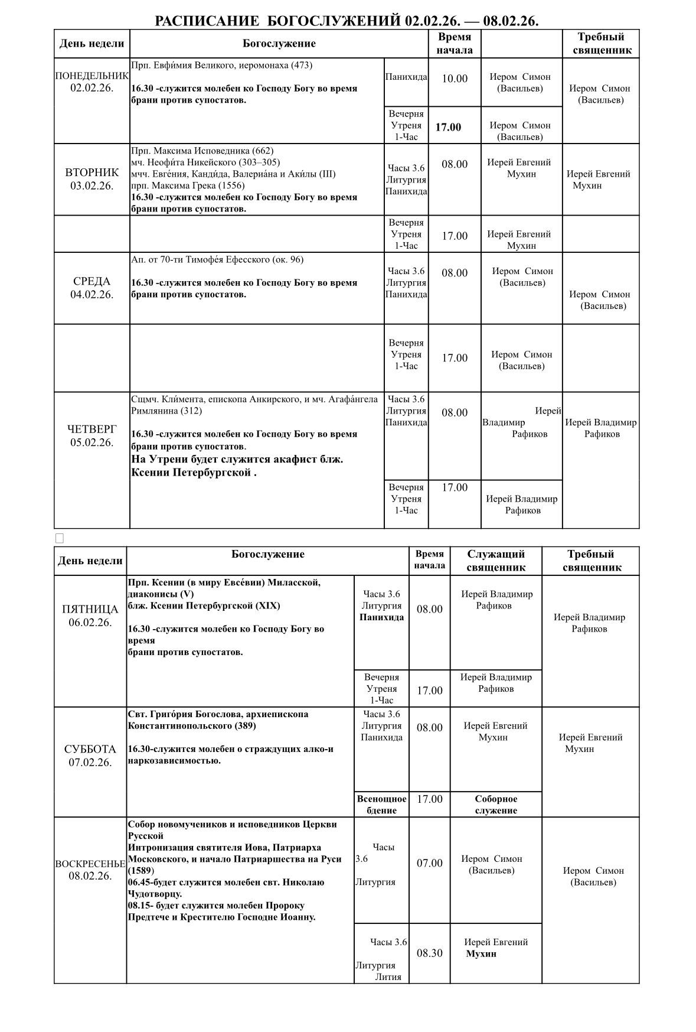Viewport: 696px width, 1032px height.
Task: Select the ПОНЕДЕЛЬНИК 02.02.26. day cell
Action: [x=92, y=82]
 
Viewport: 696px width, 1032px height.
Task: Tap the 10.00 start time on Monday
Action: [x=455, y=79]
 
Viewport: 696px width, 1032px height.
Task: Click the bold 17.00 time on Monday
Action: [x=449, y=127]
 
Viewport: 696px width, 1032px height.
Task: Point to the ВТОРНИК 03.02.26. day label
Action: [x=92, y=179]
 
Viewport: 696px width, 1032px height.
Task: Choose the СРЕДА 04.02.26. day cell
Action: [x=92, y=288]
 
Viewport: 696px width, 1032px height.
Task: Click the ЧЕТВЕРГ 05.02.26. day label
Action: [x=92, y=435]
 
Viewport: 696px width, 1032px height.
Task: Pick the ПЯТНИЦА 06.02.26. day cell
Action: [x=90, y=616]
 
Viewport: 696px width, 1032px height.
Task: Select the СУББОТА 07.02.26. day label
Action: [x=90, y=756]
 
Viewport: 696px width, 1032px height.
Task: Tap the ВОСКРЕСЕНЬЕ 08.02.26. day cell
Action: [x=90, y=870]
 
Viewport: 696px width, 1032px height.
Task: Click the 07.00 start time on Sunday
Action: [x=429, y=863]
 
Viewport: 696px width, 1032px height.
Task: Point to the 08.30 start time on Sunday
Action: [x=429, y=953]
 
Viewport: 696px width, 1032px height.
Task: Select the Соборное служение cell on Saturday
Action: [x=496, y=805]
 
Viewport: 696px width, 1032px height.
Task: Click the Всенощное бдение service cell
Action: [x=381, y=805]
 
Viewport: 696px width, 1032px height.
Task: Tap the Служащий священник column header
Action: [x=496, y=561]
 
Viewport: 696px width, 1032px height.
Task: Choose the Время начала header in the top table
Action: [x=455, y=44]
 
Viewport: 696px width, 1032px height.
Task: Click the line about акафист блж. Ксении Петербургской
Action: [x=237, y=465]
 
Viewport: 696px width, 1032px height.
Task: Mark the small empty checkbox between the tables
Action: [x=59, y=538]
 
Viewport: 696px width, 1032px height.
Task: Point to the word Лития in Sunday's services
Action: [x=388, y=976]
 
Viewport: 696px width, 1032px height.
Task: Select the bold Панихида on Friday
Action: [x=381, y=617]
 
